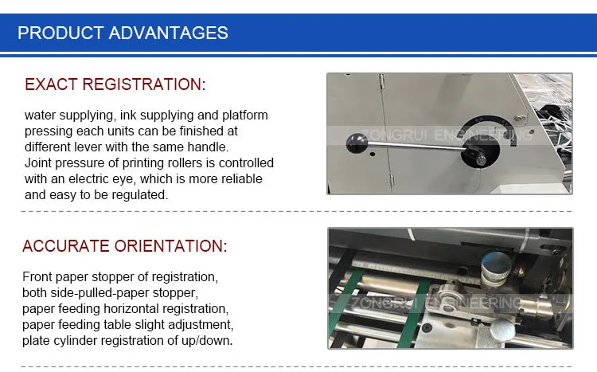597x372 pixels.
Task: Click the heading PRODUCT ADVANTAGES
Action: pyautogui.click(x=123, y=33)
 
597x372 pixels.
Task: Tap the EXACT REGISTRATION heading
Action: pyautogui.click(x=115, y=84)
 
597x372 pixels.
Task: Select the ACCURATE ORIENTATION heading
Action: pyautogui.click(x=124, y=246)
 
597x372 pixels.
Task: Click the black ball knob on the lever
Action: pyautogui.click(x=357, y=143)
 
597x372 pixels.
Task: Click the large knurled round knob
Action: pyautogui.click(x=496, y=268)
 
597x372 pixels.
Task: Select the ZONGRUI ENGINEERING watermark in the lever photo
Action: pyautogui.click(x=446, y=135)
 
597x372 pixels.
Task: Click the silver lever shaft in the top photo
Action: pyautogui.click(x=416, y=147)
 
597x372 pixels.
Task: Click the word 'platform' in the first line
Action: pyautogui.click(x=245, y=116)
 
